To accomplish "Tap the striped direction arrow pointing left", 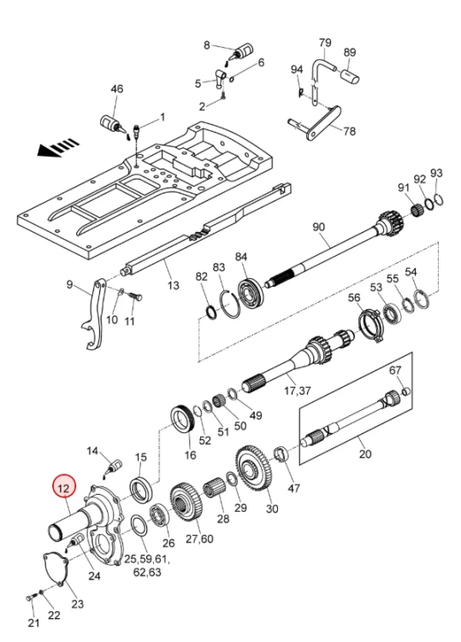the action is coord(58,147).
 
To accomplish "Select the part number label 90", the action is coord(318,227).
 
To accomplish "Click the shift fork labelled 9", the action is coord(94,314).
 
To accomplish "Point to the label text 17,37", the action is coord(298,391).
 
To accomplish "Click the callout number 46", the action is coord(116,89).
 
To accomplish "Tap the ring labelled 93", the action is coord(440,199).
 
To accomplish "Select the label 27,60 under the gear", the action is coord(199,538).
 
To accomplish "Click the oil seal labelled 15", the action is coord(141,489).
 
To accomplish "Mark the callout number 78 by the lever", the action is coord(349,132).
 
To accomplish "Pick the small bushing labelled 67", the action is coord(405,391).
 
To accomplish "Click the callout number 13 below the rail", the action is coord(173,285).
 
